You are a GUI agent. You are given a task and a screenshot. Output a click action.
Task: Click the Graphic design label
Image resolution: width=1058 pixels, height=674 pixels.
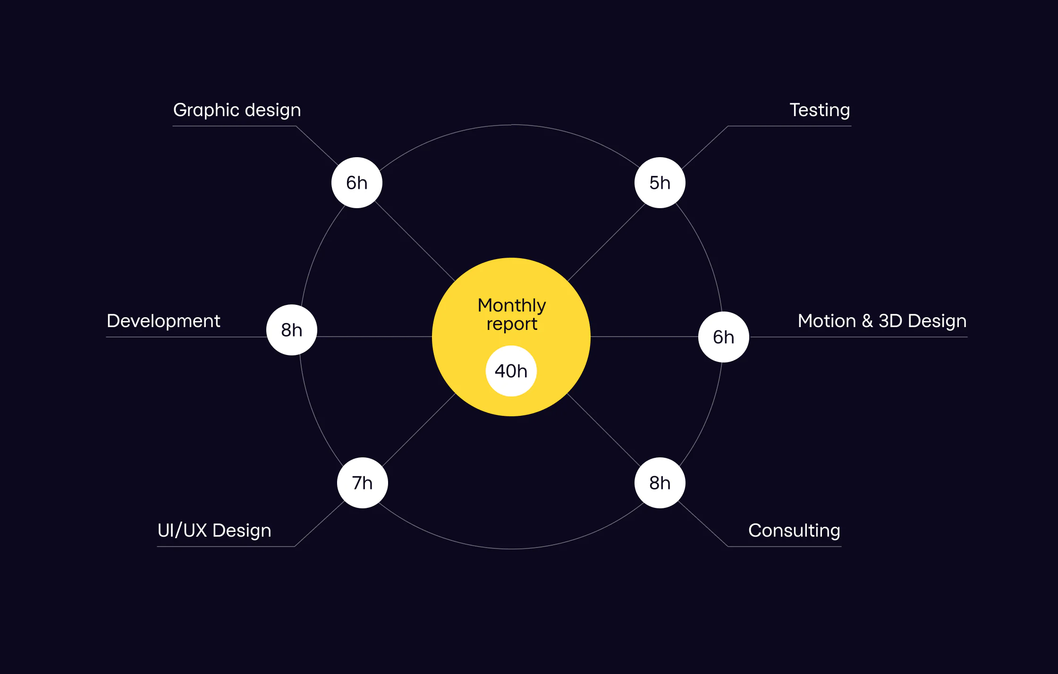tap(237, 110)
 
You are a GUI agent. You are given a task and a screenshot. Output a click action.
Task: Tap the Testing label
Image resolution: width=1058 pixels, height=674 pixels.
tap(820, 110)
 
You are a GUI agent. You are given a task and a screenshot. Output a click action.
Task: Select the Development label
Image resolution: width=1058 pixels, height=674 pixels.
tap(163, 321)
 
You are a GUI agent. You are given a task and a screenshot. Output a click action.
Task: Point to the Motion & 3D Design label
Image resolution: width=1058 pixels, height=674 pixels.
tap(882, 321)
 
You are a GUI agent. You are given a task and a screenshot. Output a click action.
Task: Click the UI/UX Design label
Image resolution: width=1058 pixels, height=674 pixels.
tap(214, 531)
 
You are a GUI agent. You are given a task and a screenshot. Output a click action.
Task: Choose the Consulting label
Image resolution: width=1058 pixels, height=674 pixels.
tap(794, 531)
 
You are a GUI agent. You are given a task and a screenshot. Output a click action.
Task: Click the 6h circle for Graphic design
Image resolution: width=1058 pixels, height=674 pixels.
tap(357, 183)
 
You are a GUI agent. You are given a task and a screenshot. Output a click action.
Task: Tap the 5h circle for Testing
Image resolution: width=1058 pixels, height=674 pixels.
tap(660, 183)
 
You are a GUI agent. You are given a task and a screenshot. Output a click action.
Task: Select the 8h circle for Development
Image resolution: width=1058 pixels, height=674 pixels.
tap(292, 330)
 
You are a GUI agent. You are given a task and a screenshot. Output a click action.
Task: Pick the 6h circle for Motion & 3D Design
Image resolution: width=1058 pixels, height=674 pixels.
tap(724, 337)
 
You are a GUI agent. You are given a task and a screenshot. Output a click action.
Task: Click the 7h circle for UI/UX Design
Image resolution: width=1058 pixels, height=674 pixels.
tap(363, 483)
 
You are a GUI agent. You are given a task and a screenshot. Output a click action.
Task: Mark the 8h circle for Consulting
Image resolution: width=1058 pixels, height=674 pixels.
tap(660, 483)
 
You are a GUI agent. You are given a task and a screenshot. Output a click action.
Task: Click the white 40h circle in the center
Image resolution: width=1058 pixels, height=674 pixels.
tap(511, 371)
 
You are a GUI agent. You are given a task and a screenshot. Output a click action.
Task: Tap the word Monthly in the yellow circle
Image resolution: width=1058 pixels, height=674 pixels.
tap(512, 306)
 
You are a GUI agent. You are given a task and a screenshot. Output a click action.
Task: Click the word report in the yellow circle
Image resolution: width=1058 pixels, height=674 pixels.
tap(512, 324)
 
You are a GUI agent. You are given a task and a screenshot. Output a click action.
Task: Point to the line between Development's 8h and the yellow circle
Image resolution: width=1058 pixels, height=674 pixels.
tap(374, 337)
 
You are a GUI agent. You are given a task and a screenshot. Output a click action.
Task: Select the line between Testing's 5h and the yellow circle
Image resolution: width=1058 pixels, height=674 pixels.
tap(606, 243)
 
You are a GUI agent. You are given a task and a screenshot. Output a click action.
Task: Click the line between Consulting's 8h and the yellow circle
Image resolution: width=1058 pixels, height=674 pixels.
tap(604, 429)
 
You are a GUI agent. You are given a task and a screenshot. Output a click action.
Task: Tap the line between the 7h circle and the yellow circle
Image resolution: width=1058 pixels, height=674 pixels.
tap(419, 430)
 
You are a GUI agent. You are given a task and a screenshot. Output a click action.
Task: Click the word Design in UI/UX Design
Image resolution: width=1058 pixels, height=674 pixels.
tap(242, 531)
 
